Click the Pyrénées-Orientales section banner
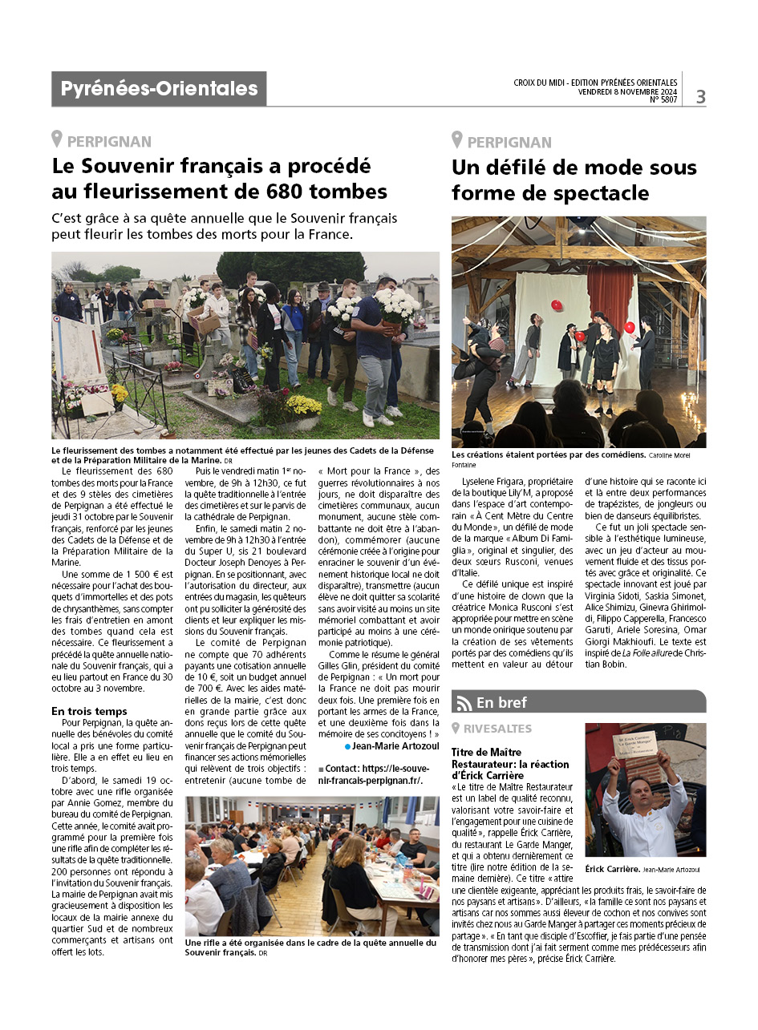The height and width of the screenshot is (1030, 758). pos(159,89)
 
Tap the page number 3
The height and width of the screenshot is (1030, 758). pos(700,97)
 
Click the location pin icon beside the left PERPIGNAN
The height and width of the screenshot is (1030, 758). pos(57,140)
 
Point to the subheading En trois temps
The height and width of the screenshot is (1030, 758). pos(90,711)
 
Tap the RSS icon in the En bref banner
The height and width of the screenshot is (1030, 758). pos(464,703)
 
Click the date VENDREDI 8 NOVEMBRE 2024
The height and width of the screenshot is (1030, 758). pos(627,91)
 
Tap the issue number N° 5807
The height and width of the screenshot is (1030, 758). pos(663,100)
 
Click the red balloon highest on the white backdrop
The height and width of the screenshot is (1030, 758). pos(556,305)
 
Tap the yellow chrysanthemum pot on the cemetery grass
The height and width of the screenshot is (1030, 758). pos(303,406)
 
